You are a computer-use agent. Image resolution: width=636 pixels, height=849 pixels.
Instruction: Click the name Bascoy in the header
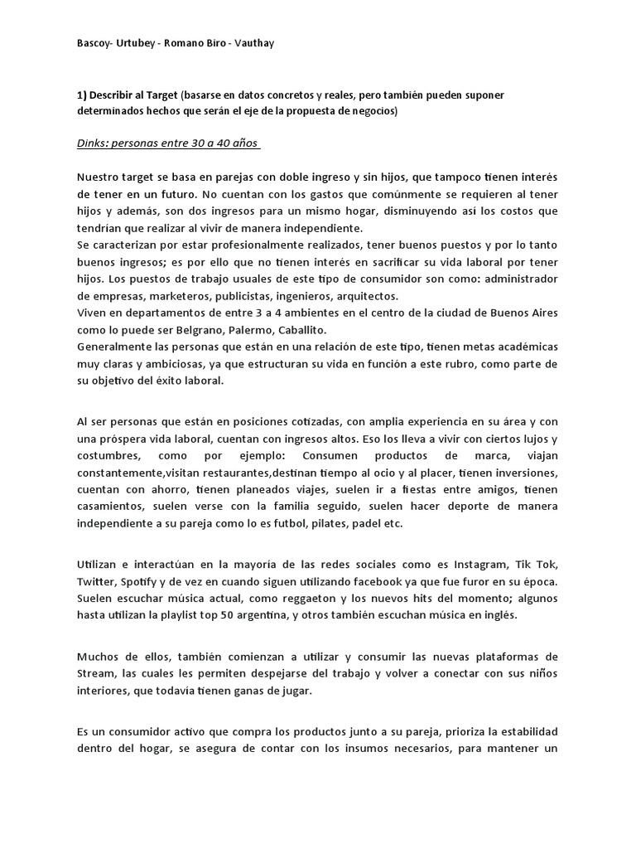94,42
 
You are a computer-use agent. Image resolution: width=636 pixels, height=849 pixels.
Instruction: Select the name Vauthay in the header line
252,42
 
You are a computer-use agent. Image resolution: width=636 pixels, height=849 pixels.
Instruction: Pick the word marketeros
172,296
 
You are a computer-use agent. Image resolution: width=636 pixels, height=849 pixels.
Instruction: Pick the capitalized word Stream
96,674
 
